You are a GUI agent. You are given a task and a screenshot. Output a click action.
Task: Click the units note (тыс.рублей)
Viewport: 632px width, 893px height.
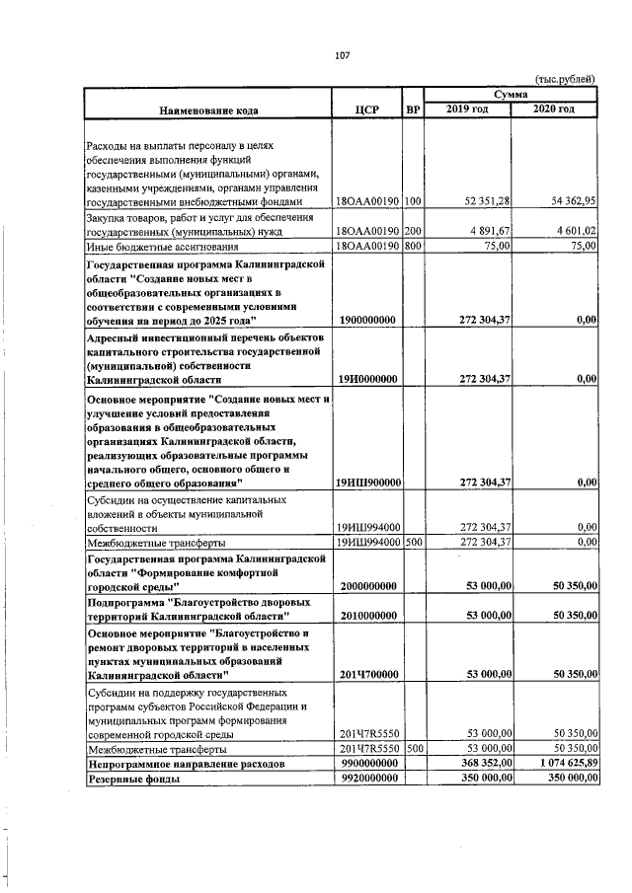[565, 79]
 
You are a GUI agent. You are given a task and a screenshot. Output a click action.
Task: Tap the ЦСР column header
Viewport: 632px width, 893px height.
[366, 109]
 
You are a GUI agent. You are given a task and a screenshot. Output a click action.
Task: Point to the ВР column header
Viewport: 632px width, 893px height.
[413, 109]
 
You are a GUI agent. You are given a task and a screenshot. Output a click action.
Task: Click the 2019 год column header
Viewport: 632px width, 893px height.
[466, 108]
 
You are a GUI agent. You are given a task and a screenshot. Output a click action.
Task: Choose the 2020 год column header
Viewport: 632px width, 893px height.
[553, 108]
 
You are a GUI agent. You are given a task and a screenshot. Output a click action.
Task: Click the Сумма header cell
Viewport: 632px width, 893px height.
[510, 93]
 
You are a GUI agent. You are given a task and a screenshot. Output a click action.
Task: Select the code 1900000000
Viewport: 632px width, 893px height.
[367, 321]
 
